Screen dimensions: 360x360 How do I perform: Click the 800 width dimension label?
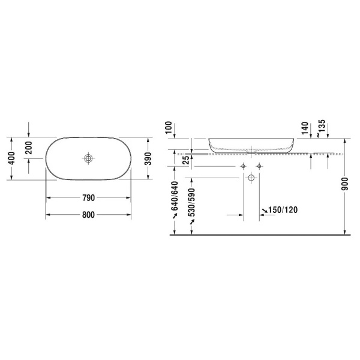[88, 215]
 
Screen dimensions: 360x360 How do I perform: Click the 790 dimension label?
[88, 198]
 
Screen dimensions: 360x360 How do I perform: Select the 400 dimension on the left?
[11, 158]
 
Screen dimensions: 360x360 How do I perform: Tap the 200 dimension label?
[29, 148]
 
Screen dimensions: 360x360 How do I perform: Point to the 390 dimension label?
[148, 158]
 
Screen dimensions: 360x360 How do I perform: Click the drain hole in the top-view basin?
[88, 158]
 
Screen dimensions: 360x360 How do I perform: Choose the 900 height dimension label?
[345, 184]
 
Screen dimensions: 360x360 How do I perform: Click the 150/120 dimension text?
[283, 209]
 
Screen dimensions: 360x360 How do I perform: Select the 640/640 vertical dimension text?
[175, 196]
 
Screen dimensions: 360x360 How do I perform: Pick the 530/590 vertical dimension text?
[191, 203]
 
